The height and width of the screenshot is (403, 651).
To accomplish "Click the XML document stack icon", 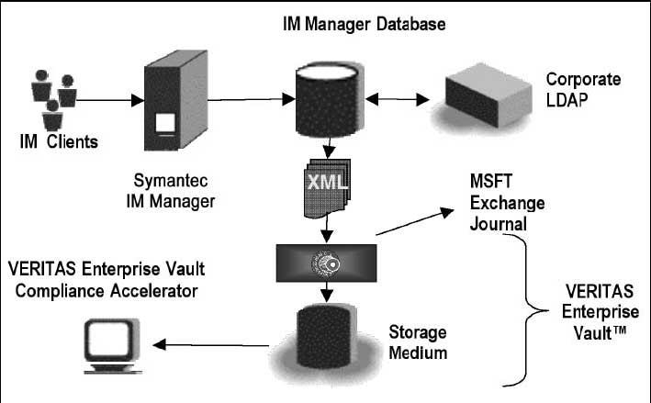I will tap(326, 189).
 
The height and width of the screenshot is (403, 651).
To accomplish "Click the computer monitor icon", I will tap(108, 345).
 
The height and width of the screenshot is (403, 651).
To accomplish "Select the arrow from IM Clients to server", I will tap(103, 97).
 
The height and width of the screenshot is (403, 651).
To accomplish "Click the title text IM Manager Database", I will tap(365, 22).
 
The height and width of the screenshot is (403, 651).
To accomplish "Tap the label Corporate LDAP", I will tap(582, 90).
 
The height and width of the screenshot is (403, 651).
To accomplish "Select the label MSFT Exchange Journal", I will tap(508, 202).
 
